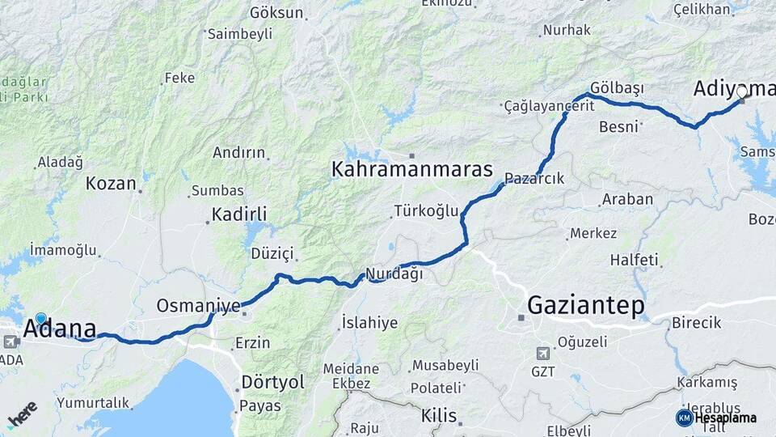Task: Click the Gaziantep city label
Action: click(x=586, y=305)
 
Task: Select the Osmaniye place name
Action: click(x=198, y=306)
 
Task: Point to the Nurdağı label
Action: click(x=394, y=274)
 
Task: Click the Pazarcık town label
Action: click(x=534, y=178)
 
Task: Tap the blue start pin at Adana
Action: click(x=41, y=319)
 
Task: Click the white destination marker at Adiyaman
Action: click(x=743, y=91)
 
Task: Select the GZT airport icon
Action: click(x=542, y=354)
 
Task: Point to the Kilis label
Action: click(x=439, y=416)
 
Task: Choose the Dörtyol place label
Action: click(x=272, y=381)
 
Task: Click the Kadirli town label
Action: click(x=238, y=214)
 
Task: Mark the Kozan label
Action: click(x=111, y=183)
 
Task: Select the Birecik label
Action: click(x=696, y=323)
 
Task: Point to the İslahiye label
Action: click(x=369, y=322)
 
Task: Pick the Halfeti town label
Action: click(x=635, y=260)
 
